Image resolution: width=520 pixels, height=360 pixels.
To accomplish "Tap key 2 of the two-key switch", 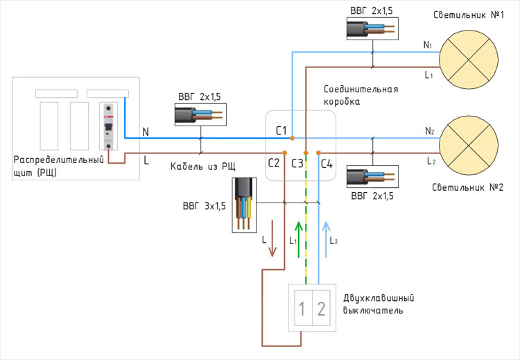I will point(321,309).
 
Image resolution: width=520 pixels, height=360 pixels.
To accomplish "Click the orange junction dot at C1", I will point(293,137).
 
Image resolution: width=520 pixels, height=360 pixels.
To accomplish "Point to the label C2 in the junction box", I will point(274,164).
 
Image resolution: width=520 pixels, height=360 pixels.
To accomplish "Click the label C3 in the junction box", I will point(297,164).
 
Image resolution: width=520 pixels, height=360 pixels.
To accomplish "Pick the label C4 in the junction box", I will point(327,164).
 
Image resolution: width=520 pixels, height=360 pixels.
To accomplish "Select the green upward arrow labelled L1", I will point(299,240).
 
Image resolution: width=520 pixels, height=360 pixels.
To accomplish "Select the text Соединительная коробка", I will point(361,95).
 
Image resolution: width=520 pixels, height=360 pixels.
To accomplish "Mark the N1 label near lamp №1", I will point(428,46).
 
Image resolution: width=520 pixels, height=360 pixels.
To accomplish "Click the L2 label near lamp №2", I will point(429,161).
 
